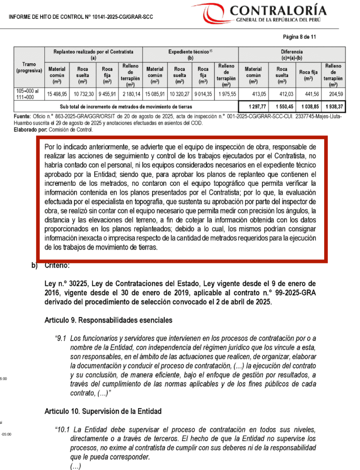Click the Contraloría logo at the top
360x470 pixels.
(x=268, y=14)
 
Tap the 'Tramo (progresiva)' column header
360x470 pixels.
(x=29, y=67)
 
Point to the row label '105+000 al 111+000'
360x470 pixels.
(x=28, y=94)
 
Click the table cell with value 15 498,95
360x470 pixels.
(x=57, y=94)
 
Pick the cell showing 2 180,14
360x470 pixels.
(x=131, y=94)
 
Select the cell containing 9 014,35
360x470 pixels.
(x=203, y=94)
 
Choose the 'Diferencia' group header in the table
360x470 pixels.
(x=292, y=52)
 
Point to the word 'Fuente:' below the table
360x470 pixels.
(x=22, y=116)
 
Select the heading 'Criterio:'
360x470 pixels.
(x=57, y=266)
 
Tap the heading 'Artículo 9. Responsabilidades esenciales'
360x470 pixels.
(x=109, y=319)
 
